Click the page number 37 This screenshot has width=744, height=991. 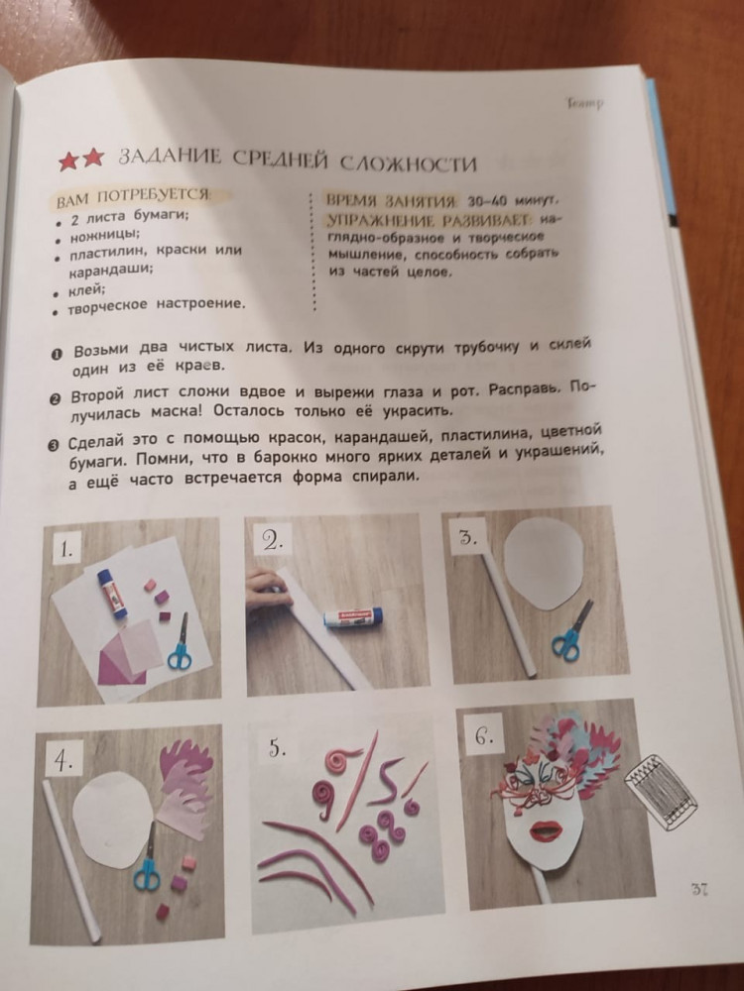pos(699,889)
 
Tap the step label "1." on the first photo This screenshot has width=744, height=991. pos(66,550)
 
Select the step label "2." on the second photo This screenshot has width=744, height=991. pos(272,540)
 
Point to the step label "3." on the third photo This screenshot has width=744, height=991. pos(467,538)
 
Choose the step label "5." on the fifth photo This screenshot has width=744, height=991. pos(277,749)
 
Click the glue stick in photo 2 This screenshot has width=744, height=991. pos(353,616)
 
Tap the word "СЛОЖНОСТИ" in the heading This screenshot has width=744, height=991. pos(408,165)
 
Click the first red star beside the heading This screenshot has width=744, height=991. pos(67,161)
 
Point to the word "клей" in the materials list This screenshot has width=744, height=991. pos(86,290)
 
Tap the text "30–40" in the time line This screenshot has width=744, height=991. pos(487,201)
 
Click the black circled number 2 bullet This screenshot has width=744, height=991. pos(55,399)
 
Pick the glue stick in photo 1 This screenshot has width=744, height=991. pos(113,594)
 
